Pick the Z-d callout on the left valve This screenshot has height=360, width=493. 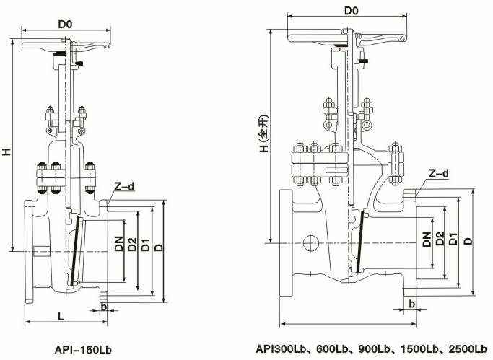[124, 186]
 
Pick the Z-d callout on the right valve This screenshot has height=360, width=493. [438, 174]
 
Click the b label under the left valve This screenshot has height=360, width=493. [105, 306]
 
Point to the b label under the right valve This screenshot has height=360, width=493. [411, 302]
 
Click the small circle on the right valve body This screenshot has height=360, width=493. [312, 241]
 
